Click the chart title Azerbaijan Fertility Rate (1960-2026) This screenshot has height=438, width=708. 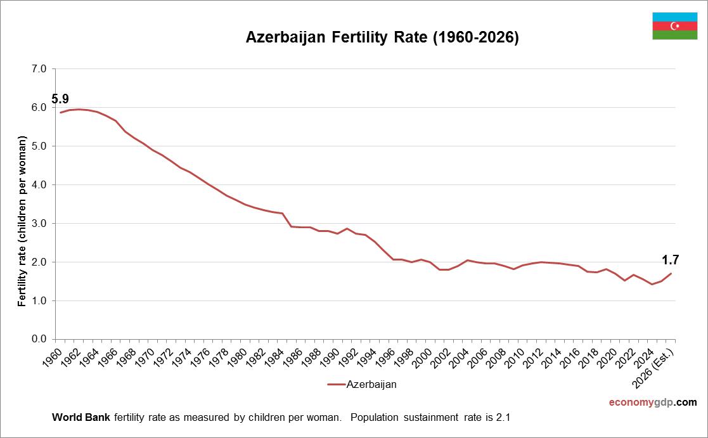coord(382,38)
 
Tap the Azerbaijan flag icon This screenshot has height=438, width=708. coord(674,26)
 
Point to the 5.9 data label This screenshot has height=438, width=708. coord(60,99)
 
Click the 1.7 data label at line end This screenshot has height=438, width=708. coord(671,259)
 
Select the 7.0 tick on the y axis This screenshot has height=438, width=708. coord(39,69)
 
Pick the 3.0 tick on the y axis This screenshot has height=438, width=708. coord(39,224)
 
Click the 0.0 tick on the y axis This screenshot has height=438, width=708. coord(39,339)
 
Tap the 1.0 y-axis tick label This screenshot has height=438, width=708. coord(39,300)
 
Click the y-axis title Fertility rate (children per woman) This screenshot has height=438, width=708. coord(22,221)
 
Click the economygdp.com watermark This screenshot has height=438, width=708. coord(652,402)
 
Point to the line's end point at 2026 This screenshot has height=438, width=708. coord(671,274)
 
